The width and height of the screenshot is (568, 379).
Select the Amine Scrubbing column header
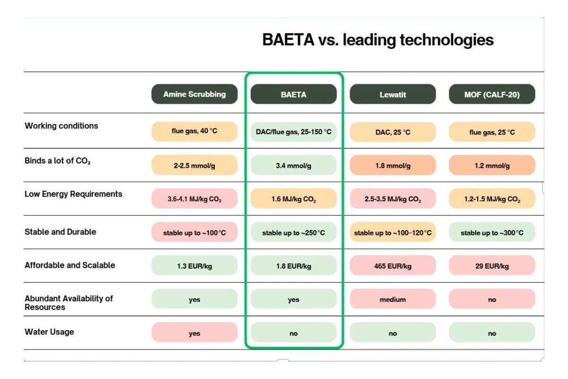[x=194, y=94]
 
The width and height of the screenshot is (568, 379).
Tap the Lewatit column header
[x=392, y=94]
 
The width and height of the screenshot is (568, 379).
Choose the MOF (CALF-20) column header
[x=492, y=94]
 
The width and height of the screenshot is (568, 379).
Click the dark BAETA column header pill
[x=293, y=94]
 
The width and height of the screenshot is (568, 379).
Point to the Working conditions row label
[x=62, y=126]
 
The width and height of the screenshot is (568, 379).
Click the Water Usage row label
[x=49, y=332]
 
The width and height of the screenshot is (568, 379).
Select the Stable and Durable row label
[x=60, y=232]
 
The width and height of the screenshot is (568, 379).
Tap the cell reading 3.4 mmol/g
[x=293, y=165]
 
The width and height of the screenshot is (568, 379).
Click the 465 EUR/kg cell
[x=392, y=266]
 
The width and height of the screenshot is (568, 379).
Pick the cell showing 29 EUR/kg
[x=492, y=266]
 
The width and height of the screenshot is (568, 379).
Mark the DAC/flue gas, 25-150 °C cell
[x=293, y=132]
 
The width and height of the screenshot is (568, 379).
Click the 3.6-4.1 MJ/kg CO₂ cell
[x=194, y=199]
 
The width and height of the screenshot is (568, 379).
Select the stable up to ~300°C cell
[x=492, y=233]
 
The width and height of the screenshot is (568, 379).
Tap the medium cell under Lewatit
[x=392, y=299]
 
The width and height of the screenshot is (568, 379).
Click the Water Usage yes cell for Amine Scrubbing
[x=194, y=333]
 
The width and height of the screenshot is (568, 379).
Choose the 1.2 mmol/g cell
[x=492, y=165]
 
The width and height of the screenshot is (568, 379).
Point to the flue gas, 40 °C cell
[x=194, y=131]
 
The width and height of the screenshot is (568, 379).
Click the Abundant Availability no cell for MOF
[x=492, y=299]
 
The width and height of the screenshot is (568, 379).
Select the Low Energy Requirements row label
[x=73, y=194]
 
